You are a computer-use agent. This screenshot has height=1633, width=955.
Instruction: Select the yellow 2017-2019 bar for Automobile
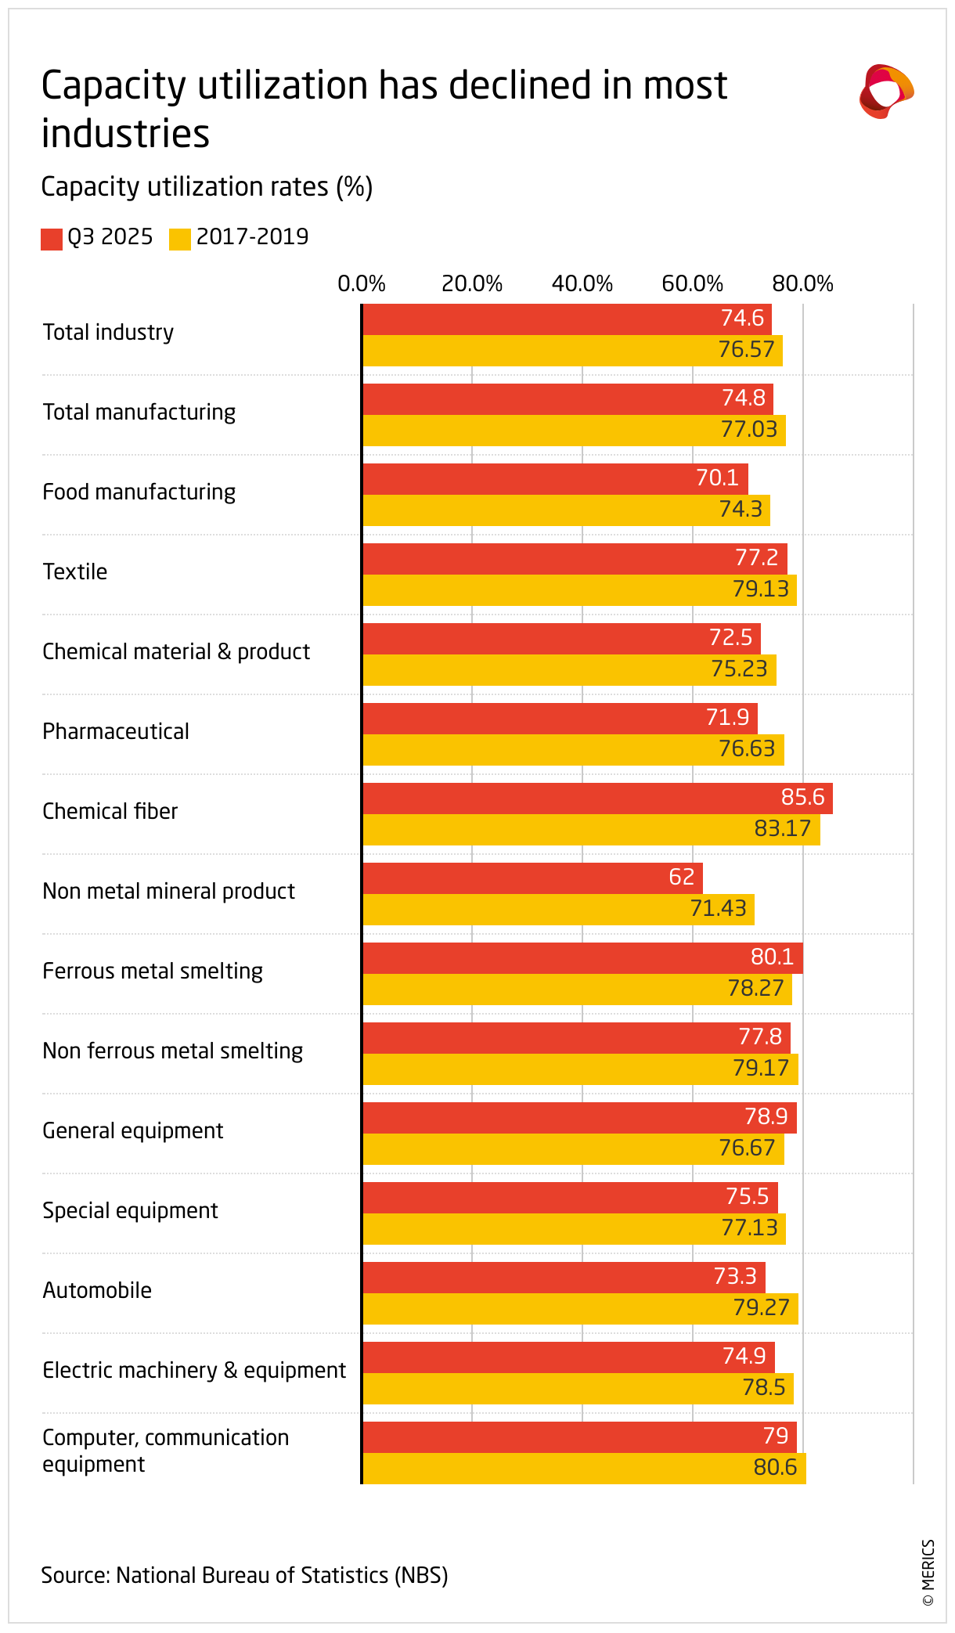tap(580, 1309)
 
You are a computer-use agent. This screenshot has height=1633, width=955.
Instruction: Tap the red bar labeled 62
tap(532, 878)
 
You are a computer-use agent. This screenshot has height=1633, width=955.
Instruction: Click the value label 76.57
tap(746, 350)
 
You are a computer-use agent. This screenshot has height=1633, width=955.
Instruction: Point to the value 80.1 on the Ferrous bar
tap(772, 957)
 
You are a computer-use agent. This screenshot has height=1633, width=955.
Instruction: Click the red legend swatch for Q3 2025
tap(52, 239)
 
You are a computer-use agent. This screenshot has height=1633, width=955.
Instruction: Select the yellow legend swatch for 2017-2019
tap(180, 239)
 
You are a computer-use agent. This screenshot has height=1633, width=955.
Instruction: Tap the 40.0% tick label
tap(582, 284)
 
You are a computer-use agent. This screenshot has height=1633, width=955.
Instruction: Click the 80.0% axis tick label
tap(802, 284)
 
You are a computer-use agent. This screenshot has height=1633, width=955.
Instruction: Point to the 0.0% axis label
tap(362, 284)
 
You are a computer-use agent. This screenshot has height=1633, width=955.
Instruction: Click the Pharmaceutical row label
tap(116, 732)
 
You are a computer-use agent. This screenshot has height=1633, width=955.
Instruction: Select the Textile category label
tap(75, 572)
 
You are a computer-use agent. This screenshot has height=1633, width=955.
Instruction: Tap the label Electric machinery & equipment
tap(194, 1371)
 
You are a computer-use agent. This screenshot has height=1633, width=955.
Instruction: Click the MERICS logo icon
tap(886, 92)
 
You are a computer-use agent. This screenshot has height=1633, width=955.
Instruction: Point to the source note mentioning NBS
tap(244, 1575)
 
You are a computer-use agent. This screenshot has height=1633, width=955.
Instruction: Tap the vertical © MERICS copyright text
tap(928, 1573)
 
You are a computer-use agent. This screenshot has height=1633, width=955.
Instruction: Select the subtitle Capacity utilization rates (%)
tap(207, 187)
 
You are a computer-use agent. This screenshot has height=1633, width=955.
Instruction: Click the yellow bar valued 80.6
tap(584, 1469)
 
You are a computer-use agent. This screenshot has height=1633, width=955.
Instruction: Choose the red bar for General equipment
tap(579, 1118)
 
